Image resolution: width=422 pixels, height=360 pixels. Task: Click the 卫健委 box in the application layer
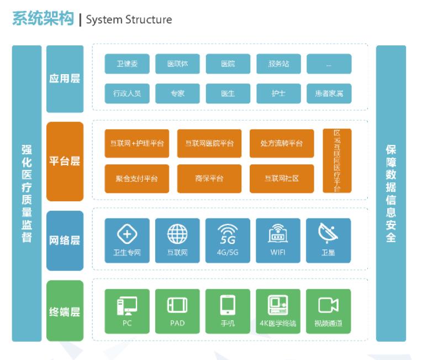(126, 64)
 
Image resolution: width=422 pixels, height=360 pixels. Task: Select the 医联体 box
(177, 64)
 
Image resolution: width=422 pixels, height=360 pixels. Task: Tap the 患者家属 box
(329, 94)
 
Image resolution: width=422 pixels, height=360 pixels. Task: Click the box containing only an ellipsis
(329, 64)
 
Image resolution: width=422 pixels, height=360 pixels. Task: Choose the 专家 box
(177, 94)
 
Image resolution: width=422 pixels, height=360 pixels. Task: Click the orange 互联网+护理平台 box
(136, 144)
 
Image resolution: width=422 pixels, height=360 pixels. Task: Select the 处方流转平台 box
(281, 144)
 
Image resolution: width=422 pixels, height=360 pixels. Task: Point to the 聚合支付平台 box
(136, 179)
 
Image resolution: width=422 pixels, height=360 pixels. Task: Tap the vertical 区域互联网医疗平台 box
(337, 161)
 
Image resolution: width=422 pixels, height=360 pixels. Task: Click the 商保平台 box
(209, 179)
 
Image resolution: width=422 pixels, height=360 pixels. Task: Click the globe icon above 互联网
(177, 234)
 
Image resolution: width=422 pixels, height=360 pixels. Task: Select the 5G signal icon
(228, 234)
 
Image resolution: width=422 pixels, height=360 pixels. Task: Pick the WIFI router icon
(278, 234)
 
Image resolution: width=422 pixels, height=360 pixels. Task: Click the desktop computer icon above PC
(126, 305)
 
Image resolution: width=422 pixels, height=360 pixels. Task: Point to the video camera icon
(328, 305)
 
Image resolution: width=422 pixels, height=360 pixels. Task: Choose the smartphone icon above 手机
(228, 305)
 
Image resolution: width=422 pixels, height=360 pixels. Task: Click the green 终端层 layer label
(65, 311)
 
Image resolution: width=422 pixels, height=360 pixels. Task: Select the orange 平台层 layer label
(65, 161)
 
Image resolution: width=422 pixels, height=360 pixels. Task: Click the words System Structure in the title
(129, 20)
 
